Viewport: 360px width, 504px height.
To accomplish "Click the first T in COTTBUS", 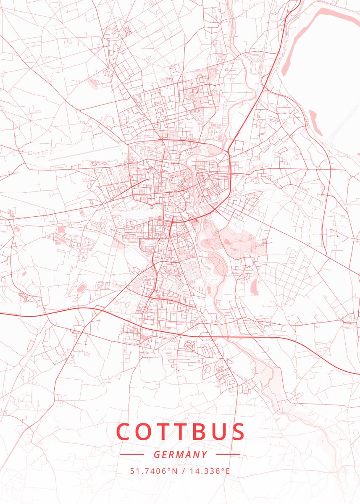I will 163,432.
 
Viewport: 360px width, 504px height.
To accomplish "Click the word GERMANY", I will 180,454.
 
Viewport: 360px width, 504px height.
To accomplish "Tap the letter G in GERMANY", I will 156,454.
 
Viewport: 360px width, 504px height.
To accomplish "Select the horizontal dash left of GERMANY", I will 132,454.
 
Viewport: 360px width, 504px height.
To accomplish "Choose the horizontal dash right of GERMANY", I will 228,454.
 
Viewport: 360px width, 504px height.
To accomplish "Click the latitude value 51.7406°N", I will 153,471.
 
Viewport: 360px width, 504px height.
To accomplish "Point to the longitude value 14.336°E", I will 210,471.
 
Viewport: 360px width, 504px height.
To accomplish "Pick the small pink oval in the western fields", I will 81,288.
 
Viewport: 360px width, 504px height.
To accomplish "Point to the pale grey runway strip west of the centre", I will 84,153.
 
